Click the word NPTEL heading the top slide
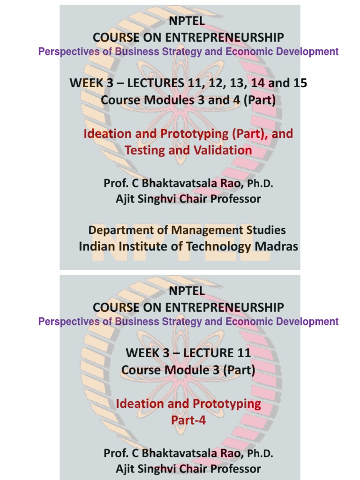coord(187,21)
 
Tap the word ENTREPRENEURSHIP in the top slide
coord(221,37)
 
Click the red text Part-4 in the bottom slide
coord(188,420)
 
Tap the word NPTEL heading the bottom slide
coord(187,291)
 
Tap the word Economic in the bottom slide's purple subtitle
coord(248,322)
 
